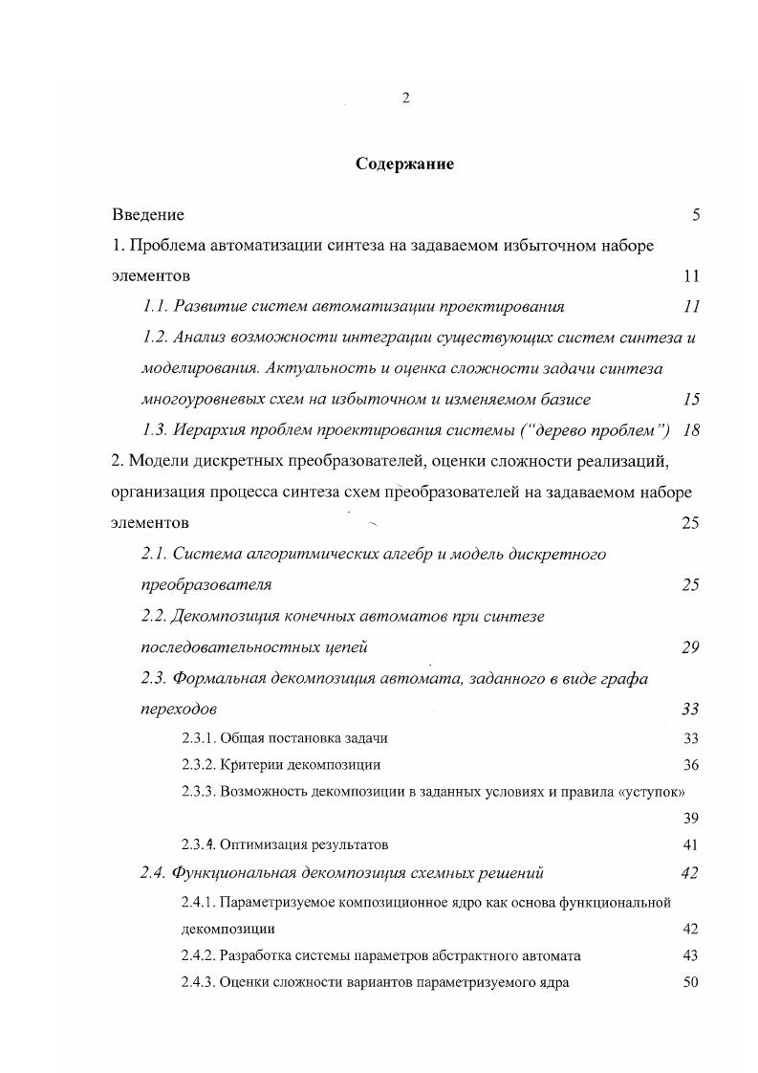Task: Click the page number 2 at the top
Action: click(405, 99)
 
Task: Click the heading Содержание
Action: click(404, 164)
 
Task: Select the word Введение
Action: click(148, 214)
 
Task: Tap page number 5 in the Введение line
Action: click(696, 214)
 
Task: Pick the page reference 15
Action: click(691, 400)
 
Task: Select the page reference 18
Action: click(691, 429)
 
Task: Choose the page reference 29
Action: click(690, 647)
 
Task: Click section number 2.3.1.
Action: click(198, 738)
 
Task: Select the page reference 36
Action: click(691, 765)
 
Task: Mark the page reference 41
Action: click(691, 845)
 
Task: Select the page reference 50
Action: click(691, 982)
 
